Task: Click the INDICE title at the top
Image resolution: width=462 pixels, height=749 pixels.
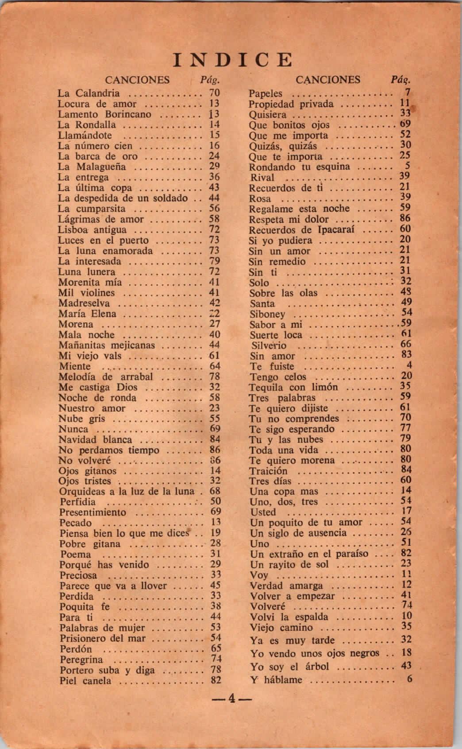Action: (233, 60)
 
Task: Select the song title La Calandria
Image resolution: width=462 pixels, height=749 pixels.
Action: (89, 93)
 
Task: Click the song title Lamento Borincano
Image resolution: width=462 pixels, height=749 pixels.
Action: (104, 114)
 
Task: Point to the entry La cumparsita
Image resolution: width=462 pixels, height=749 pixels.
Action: (92, 209)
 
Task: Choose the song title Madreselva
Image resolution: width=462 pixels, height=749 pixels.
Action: (84, 303)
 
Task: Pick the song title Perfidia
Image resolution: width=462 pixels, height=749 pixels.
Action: (77, 502)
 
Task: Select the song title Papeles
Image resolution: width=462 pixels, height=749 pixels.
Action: (266, 93)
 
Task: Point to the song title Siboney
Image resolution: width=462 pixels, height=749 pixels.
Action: (267, 314)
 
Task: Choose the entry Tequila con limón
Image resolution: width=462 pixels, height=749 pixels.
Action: (293, 387)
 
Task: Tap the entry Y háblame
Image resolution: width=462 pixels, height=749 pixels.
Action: (276, 679)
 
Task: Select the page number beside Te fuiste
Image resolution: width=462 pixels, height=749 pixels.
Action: (409, 365)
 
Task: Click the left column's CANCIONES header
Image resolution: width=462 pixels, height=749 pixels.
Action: (137, 80)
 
